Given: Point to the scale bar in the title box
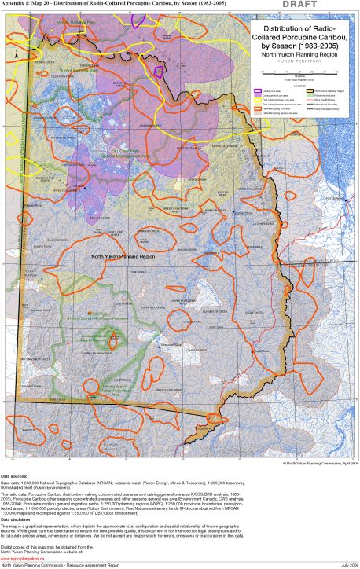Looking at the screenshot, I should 295,72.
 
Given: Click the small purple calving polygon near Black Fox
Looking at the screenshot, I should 159,72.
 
